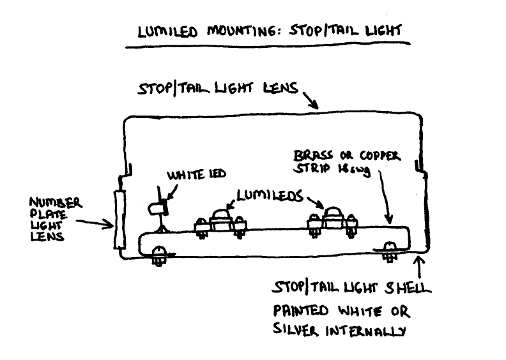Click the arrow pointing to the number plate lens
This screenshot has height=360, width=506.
[96, 223]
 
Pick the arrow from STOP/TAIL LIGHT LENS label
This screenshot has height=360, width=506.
[310, 100]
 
